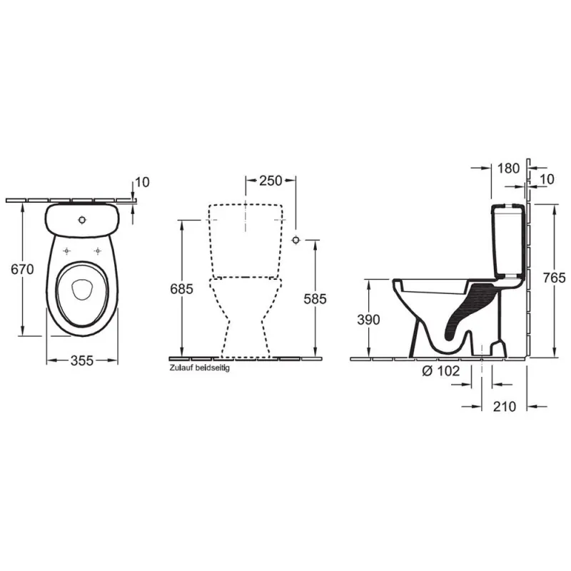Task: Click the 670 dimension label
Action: point(22,269)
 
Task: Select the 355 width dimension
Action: point(82,360)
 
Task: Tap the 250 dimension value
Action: point(271,181)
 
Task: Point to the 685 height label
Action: point(181,289)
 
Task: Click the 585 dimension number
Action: point(315,298)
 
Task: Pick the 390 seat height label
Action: point(368,319)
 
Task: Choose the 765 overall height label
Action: point(554,278)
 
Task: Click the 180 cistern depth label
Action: point(508,168)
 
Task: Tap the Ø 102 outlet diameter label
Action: point(441,370)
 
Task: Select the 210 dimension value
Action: point(505,406)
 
